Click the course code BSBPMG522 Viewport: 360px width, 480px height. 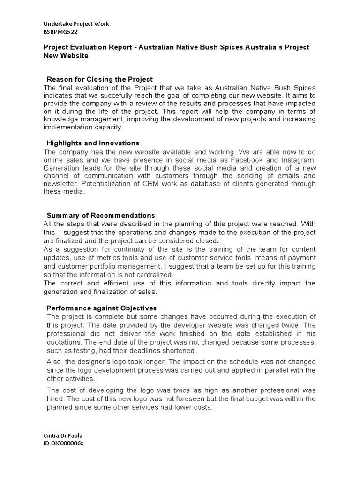pyautogui.click(x=60, y=32)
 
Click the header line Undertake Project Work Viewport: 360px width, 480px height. pyautogui.click(x=76, y=24)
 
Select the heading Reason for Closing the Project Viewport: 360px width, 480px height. pyautogui.click(x=99, y=79)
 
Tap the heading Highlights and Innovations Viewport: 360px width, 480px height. pyautogui.click(x=93, y=143)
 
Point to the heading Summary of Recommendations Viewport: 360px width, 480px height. pyautogui.click(x=101, y=215)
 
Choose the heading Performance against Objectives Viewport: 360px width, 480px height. pyautogui.click(x=101, y=308)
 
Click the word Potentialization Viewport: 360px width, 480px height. pyautogui.click(x=111, y=184)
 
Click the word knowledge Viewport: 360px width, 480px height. pyautogui.click(x=63, y=119)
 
